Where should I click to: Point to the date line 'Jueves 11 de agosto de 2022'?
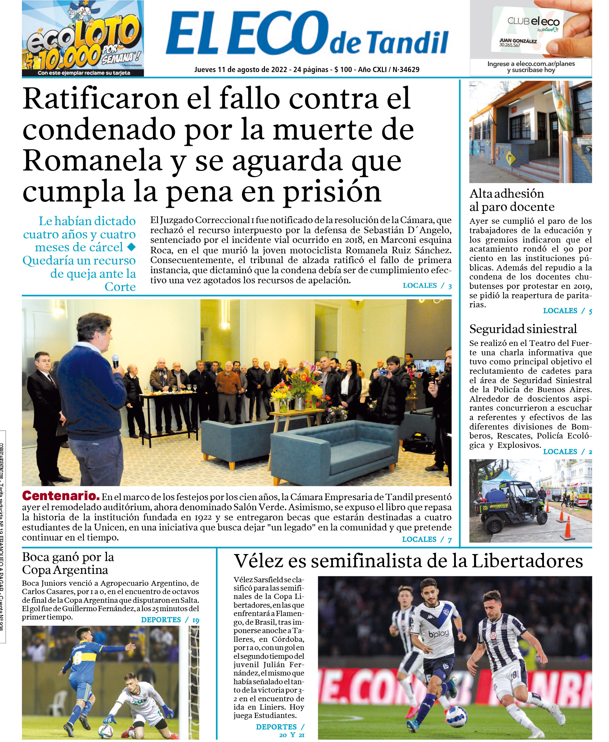coord(241,69)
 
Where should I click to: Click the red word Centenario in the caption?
coord(61,496)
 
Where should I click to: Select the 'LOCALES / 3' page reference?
coord(427,285)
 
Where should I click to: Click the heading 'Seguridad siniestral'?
coord(523,329)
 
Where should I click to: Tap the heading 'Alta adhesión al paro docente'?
coord(512,200)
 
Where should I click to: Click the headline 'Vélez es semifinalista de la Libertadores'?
coord(408,561)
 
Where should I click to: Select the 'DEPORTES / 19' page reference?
coord(170,619)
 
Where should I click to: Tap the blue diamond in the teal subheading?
coord(131,247)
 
